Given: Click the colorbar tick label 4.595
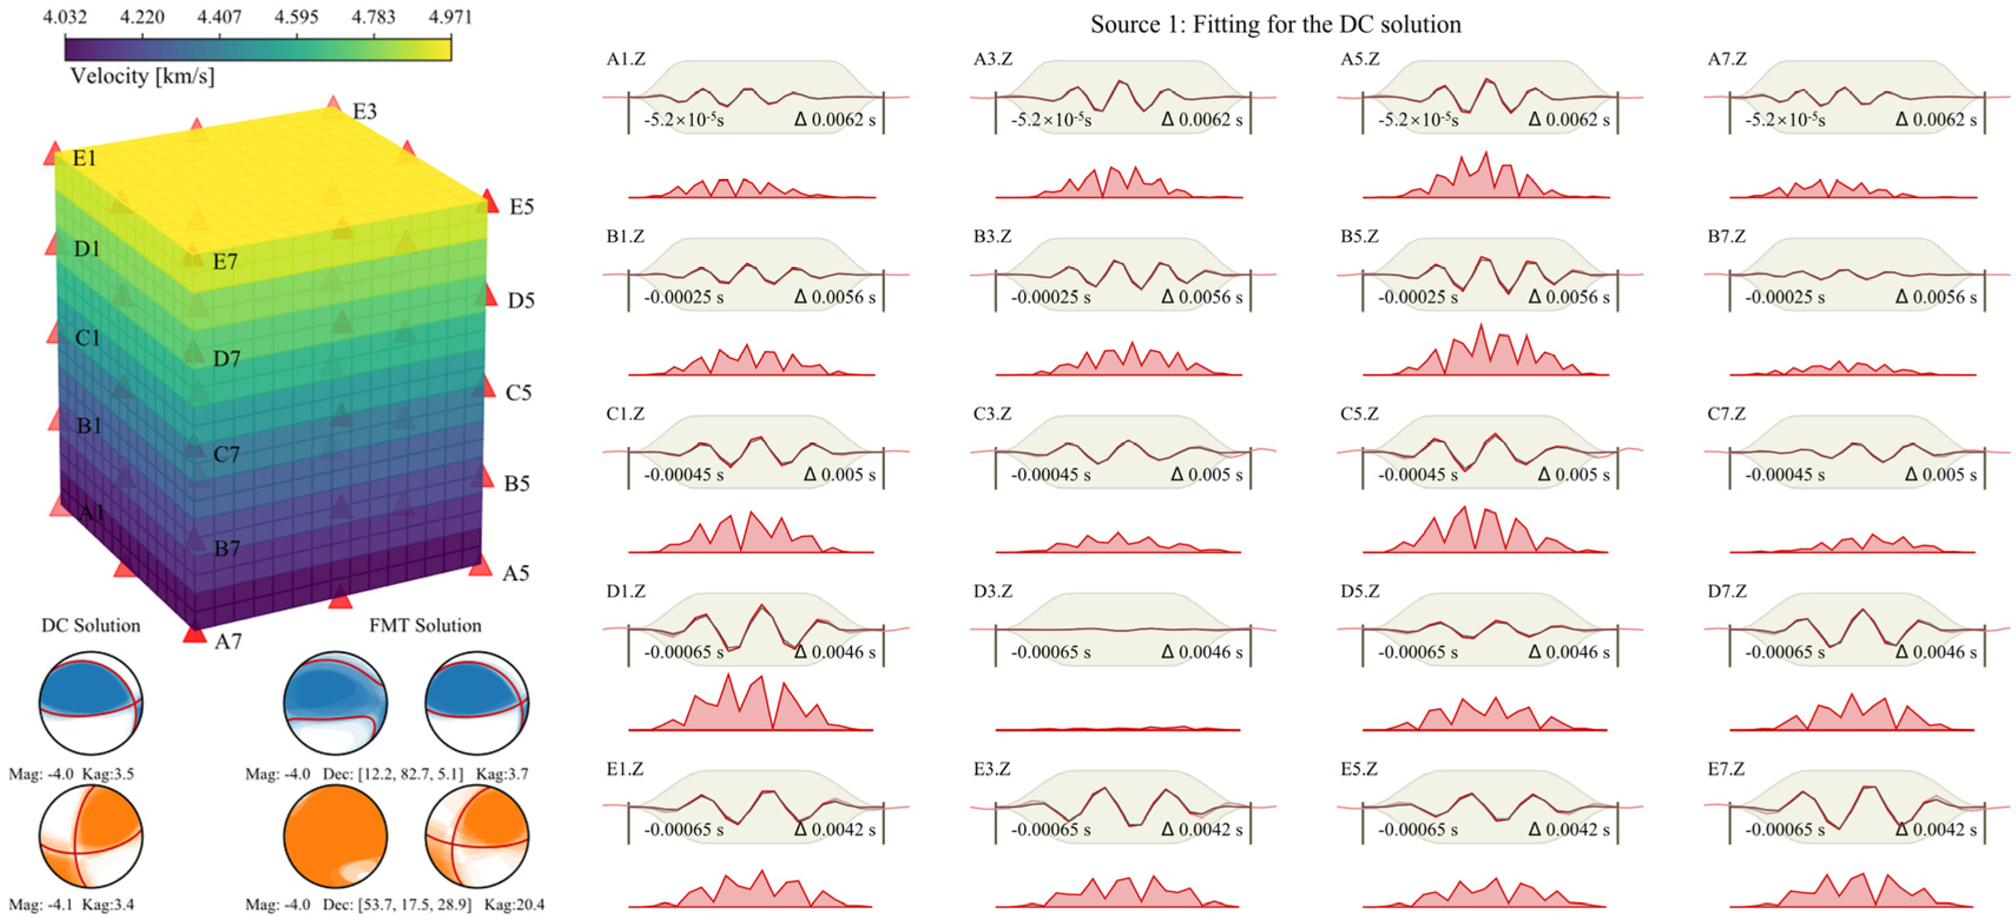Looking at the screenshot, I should [x=296, y=17].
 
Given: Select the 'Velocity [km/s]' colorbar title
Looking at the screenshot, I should [x=142, y=76].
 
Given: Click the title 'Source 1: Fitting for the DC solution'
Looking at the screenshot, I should [x=1275, y=24].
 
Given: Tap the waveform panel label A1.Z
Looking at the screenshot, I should [x=625, y=59].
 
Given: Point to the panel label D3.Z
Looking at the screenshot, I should [x=992, y=591].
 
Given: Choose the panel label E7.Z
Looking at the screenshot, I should [x=1726, y=768].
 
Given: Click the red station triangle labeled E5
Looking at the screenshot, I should [x=489, y=201].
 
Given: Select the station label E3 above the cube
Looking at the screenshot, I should [x=364, y=111].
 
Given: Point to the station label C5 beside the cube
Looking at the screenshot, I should [x=518, y=392].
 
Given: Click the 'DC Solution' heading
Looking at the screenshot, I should [x=91, y=625].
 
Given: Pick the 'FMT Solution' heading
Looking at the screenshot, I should [x=425, y=625].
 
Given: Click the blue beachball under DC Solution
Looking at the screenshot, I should [x=91, y=702].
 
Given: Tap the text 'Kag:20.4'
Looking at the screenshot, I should [x=514, y=904].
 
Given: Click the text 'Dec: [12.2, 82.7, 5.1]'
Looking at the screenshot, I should [x=393, y=774].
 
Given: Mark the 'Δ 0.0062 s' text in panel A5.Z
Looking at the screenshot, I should [x=1568, y=120].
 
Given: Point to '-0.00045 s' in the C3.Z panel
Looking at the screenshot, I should [x=1050, y=474].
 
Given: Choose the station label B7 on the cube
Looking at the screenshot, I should [x=227, y=548].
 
